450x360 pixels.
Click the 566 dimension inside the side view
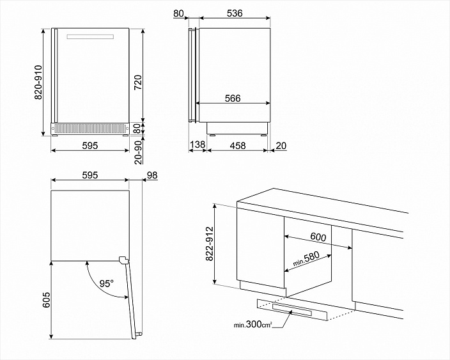[x=233, y=98]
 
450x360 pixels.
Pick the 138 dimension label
[x=198, y=146]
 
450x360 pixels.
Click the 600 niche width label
[x=318, y=237]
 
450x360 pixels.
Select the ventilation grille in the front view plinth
[x=89, y=129]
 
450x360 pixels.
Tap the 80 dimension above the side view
[x=178, y=13]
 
